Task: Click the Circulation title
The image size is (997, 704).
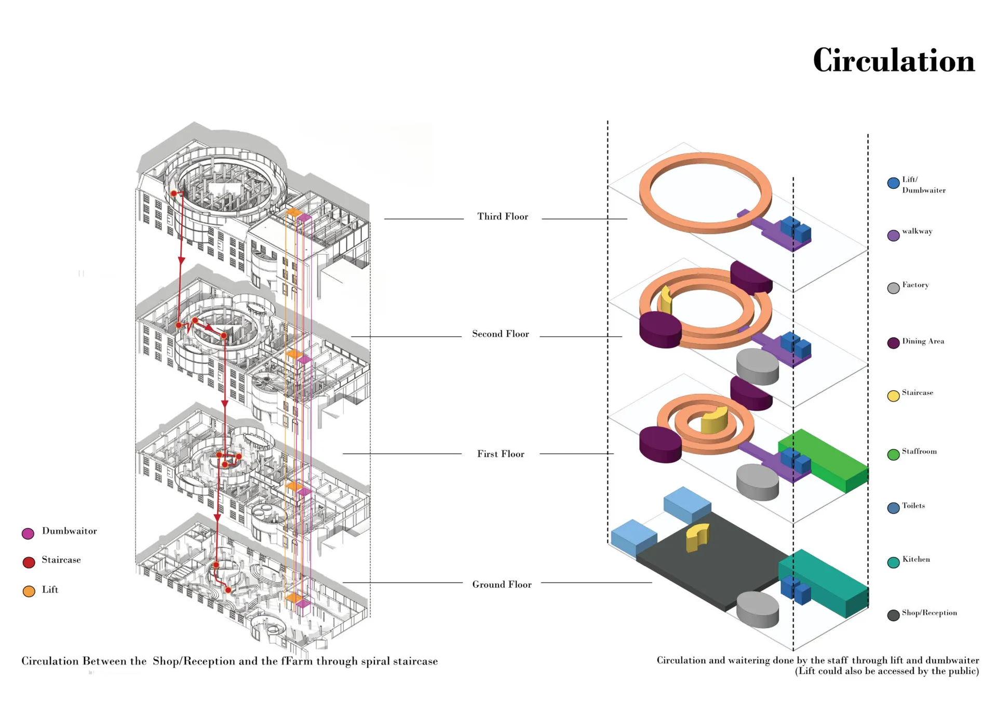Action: coord(893,61)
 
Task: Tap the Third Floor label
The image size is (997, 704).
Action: coord(502,217)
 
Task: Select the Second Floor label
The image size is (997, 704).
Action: coord(500,334)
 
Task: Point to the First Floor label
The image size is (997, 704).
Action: coord(501,454)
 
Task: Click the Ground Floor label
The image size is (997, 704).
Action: coord(502,585)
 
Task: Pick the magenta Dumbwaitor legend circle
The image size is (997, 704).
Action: coord(28,533)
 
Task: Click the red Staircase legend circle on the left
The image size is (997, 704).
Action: coord(29,562)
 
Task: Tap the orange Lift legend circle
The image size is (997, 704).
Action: coord(29,591)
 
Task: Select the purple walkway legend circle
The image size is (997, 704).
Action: coord(893,236)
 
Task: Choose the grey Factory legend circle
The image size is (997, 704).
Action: coord(893,288)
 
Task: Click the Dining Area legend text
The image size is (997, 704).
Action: coord(923,341)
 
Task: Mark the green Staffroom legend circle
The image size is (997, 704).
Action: coord(893,454)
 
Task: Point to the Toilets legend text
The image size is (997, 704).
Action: coord(913,506)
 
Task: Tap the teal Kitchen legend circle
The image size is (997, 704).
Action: coord(893,562)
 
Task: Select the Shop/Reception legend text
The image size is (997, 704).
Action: coord(929,613)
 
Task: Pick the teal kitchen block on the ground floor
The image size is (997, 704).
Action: coord(826,581)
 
